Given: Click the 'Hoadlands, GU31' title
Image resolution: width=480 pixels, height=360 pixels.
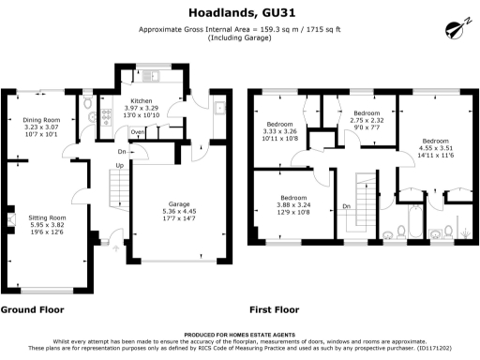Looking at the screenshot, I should (239, 12).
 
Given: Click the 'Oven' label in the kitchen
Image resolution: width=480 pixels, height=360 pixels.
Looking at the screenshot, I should (138, 132).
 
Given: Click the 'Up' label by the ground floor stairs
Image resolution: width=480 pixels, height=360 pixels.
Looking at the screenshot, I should (119, 166).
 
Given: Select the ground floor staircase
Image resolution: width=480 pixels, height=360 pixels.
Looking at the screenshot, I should (118, 192).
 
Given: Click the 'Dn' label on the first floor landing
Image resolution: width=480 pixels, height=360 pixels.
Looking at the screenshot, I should (345, 206).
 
